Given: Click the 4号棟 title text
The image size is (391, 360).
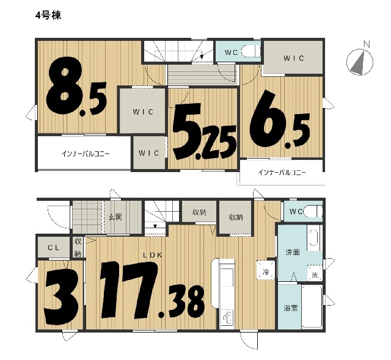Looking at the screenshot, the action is coord(48,16).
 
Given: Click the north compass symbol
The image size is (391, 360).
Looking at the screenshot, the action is coord(360,62).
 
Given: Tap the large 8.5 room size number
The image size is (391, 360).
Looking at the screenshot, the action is coord(76,87).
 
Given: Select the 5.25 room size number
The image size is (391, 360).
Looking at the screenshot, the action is coord(205,132).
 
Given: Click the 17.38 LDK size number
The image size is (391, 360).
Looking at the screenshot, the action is coord(152,290).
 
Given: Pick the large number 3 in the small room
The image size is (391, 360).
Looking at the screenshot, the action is coord(61,297).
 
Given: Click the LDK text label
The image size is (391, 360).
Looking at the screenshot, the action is coord(153,254).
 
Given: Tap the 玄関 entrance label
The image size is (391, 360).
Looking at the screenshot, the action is coord(115,217).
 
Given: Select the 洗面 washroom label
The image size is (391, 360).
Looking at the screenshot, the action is coord(293,252).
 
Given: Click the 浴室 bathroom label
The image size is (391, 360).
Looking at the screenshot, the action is coord(291,308).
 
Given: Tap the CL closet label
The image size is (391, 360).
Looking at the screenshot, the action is coord(54,248).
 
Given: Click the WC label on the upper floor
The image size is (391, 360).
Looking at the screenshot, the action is coord(231,52).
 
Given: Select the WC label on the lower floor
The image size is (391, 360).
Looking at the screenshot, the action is coord(296,212).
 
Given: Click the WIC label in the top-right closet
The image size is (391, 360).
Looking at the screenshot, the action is coord(294,58).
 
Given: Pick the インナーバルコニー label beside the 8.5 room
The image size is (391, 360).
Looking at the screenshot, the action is coord(86,154).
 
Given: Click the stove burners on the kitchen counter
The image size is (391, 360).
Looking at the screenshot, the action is coord(227,317).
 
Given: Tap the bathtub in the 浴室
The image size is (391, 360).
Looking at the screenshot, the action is coord(312,306).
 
